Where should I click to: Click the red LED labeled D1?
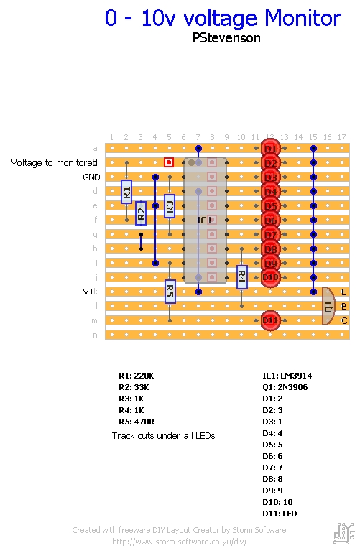[270, 149]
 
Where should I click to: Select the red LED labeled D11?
[270, 320]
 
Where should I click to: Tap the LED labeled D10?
[270, 277]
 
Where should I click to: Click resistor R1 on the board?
[126, 191]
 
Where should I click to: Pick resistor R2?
[141, 213]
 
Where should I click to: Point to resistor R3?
[170, 206]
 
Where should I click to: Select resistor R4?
[241, 277]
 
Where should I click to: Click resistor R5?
[170, 291]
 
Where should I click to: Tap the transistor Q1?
[328, 306]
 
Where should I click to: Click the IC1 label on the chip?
[205, 220]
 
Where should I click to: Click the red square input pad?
[169, 163]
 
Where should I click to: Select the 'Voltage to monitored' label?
[54, 163]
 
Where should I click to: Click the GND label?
[91, 177]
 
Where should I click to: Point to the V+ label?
[90, 292]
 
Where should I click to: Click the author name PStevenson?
[226, 38]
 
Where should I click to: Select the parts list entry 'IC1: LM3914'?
[287, 376]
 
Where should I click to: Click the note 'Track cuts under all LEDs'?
[163, 435]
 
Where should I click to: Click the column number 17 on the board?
[342, 137]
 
